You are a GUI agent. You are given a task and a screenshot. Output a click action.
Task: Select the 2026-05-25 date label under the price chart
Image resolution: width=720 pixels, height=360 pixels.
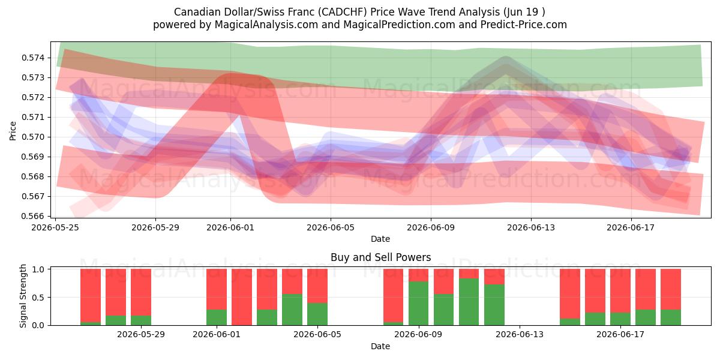coord(55,227)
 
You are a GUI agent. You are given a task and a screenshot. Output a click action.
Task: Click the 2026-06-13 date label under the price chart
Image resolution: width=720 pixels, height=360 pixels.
coord(531,227)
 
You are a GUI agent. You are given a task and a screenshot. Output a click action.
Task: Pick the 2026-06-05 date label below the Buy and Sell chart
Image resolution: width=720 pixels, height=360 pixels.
coord(317,334)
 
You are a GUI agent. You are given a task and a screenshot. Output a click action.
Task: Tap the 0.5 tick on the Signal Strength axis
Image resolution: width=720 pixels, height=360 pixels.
coord(38,298)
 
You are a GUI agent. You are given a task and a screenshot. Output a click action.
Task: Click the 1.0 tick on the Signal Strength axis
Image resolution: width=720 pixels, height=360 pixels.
coord(38,269)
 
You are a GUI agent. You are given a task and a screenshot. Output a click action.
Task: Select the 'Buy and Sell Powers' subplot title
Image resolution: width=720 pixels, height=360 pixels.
coord(380,257)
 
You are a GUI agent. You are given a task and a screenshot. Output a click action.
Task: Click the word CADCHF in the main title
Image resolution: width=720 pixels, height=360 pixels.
coord(343,12)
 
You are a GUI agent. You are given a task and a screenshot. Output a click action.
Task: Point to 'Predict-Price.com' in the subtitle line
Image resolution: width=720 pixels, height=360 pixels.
coord(524,25)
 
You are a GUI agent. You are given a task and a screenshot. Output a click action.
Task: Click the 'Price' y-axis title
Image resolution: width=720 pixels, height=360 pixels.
coord(13,131)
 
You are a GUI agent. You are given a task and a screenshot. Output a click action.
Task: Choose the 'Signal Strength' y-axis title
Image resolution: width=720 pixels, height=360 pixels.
coord(23,296)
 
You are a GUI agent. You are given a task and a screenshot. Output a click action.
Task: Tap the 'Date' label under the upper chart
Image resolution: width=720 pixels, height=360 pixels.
coord(380,239)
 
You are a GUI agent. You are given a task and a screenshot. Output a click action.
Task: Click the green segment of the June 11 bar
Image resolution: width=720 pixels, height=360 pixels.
coord(469,302)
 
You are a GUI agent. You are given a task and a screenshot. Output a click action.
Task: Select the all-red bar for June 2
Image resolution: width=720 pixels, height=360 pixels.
coord(242,297)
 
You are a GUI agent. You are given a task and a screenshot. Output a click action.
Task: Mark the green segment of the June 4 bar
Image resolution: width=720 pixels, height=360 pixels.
coord(292,310)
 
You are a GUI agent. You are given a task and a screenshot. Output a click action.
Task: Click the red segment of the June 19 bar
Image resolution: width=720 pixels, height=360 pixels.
coord(671,289)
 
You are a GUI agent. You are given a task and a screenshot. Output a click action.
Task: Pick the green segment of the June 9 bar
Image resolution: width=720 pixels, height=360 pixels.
coord(419,304)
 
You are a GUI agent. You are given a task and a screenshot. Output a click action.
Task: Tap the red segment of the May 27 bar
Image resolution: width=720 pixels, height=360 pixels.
coord(116,292)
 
